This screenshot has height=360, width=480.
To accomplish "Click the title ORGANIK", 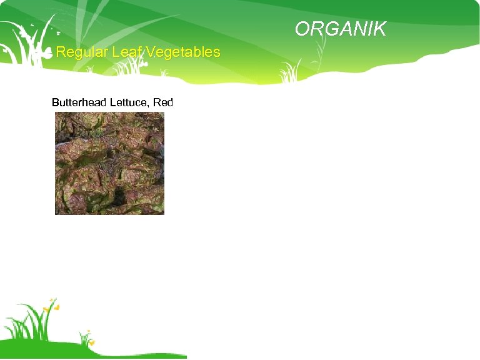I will click(x=341, y=29).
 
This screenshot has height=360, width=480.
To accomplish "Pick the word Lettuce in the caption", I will click(x=128, y=102).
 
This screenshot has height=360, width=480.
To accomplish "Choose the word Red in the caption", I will click(x=164, y=102).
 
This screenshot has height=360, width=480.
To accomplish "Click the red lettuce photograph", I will click(x=109, y=163).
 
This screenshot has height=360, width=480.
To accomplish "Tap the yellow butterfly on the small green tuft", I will click(x=92, y=342).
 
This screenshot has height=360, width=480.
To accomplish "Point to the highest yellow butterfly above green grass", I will click(x=52, y=300).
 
